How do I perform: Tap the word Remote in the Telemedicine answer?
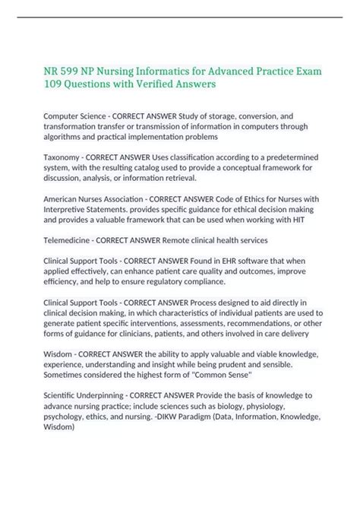[x=184, y=239]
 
